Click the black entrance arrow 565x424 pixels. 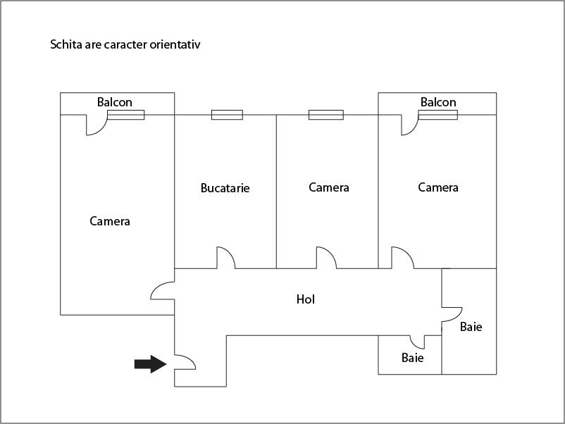point(150,364)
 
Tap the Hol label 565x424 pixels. point(306,299)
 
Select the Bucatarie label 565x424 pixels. point(225,188)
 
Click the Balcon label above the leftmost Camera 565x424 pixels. point(115,102)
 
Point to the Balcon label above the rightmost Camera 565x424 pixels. point(438,102)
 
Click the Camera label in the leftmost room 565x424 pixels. point(110,221)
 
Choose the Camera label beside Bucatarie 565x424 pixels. point(329,187)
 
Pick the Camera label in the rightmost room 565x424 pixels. point(438,187)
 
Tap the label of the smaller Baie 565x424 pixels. point(413,358)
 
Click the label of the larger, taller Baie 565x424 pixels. point(471,327)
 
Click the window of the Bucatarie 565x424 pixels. point(227,115)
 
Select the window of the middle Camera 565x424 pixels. point(326,115)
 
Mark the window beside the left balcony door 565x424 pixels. point(126,115)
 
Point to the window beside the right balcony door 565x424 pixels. point(437,115)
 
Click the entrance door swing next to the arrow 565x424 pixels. point(191,359)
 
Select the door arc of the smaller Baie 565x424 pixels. point(414,346)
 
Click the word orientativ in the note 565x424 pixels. point(175,44)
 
